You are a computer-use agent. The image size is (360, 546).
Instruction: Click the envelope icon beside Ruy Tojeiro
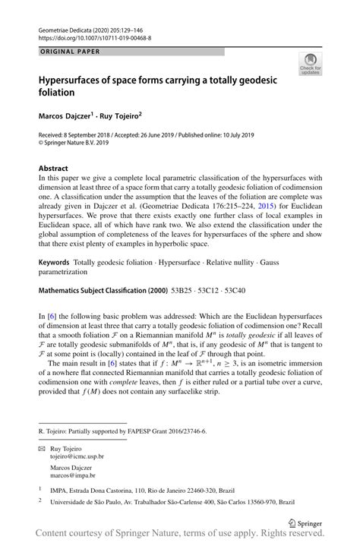pyautogui.click(x=41, y=448)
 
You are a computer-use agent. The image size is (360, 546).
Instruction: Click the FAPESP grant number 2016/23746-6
pyautogui.click(x=188, y=429)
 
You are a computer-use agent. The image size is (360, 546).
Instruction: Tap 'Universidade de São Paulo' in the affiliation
pyautogui.click(x=92, y=501)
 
